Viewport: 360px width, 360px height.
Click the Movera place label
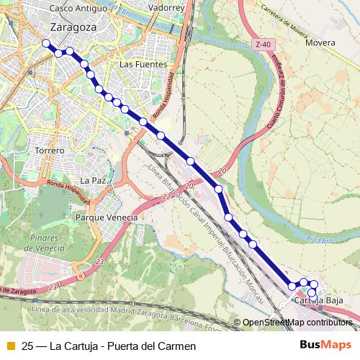point(320,42)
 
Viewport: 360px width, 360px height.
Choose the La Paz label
point(94,180)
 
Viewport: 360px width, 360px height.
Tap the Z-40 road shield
point(265,45)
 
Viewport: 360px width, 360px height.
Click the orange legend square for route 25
point(10,346)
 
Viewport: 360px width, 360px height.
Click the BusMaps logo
point(326,345)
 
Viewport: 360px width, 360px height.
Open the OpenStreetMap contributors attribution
point(297,323)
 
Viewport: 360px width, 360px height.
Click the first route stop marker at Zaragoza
point(47,43)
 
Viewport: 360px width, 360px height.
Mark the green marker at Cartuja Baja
point(305,290)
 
